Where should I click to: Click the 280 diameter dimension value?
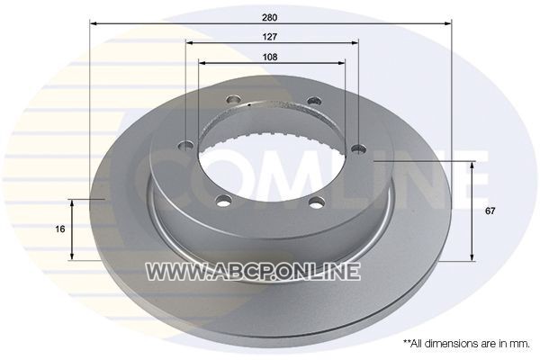coord(269,18)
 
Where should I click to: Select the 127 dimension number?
coord(270,37)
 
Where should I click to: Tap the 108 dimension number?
coord(270,57)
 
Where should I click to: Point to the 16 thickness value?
coord(60,229)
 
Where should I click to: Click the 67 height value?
coord(490,211)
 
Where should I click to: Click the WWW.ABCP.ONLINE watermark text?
coord(253,271)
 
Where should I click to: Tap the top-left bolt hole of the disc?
coord(233,101)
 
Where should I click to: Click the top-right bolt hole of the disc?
coord(314,101)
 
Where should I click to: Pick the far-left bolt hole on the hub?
coord(186,146)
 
